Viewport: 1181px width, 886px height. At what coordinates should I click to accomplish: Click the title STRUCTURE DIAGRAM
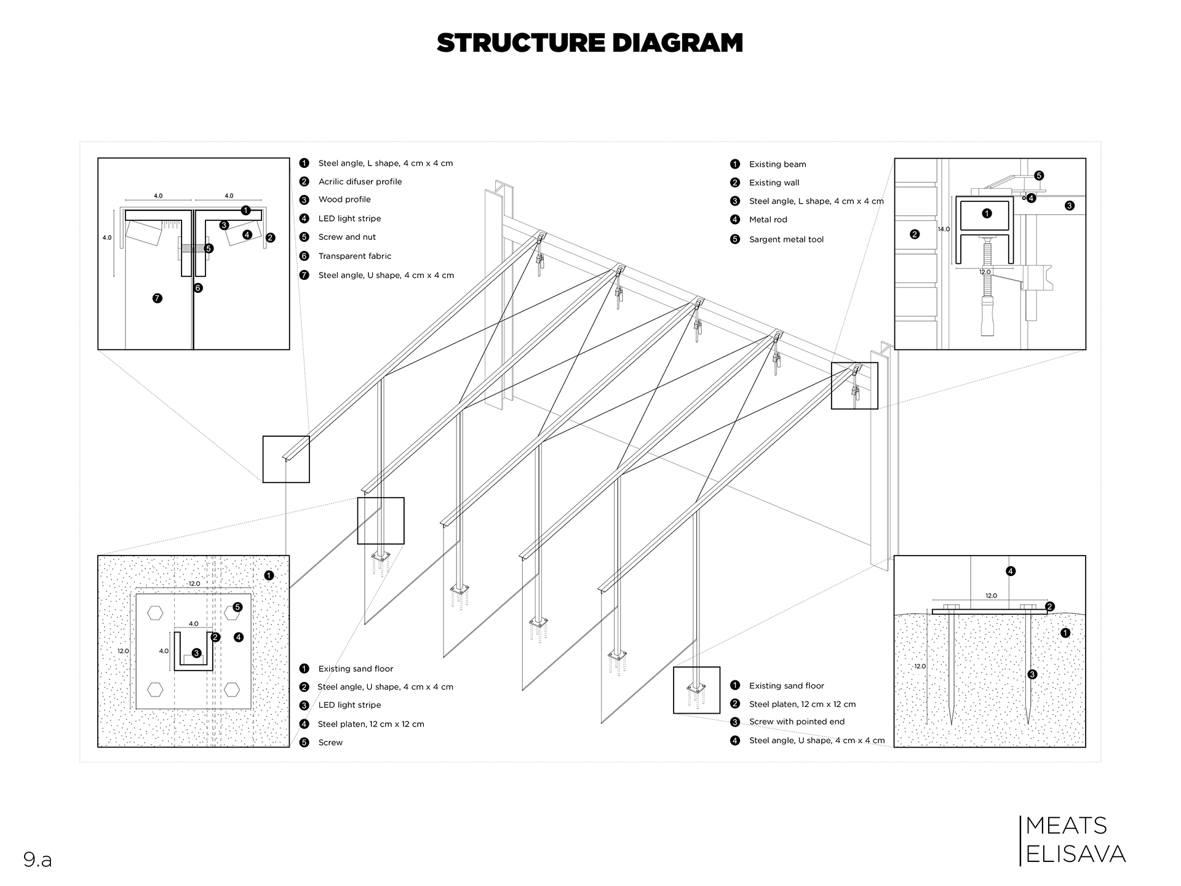coord(590,43)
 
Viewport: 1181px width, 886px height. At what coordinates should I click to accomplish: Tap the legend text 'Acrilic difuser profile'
coord(360,182)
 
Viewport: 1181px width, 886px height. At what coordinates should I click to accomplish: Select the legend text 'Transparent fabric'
coord(354,256)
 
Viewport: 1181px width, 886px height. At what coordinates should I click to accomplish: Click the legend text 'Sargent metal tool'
coord(786,239)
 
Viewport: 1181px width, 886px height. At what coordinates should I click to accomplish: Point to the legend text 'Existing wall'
coord(774,183)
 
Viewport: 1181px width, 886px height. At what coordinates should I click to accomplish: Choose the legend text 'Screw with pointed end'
coord(797,722)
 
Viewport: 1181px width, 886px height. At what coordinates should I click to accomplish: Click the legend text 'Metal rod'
coord(768,220)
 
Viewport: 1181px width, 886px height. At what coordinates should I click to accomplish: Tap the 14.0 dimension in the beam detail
coord(944,229)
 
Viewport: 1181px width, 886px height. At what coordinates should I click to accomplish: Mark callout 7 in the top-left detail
coord(157,298)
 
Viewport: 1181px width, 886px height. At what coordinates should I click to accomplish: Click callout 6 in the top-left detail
coord(198,288)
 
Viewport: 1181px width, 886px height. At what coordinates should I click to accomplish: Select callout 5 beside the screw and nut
coord(209,249)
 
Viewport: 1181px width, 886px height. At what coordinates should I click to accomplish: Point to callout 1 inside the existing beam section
coord(987,214)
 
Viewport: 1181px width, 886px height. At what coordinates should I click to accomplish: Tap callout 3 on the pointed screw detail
coord(1032,674)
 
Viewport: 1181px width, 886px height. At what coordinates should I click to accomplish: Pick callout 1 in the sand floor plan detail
coord(269,576)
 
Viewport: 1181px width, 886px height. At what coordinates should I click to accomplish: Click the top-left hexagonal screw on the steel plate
coord(155,613)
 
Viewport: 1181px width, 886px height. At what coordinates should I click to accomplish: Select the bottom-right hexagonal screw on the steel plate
coord(232,690)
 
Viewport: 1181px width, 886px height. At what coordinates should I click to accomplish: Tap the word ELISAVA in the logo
coord(1076,854)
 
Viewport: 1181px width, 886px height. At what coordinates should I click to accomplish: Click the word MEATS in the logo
coord(1067,826)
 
